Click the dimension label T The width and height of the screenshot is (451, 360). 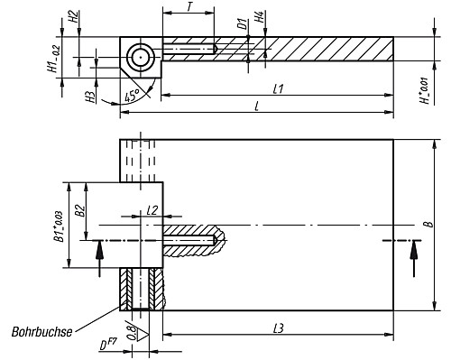(189, 7)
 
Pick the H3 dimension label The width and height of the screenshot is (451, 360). (92, 96)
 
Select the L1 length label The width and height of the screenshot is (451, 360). (278, 88)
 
